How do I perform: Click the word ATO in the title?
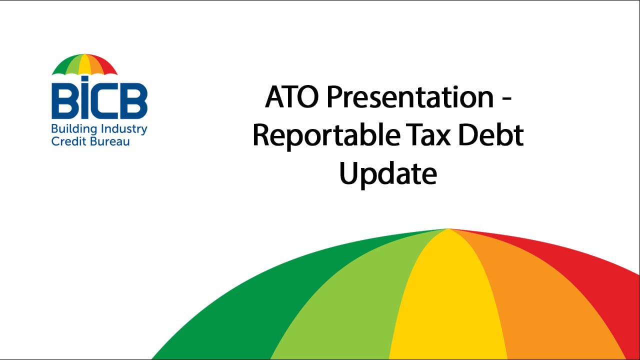click(x=292, y=97)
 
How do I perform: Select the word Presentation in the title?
click(x=410, y=97)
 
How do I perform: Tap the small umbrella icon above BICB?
click(x=84, y=64)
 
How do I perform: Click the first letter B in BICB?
click(x=62, y=102)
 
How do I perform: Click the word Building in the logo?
click(x=69, y=129)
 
